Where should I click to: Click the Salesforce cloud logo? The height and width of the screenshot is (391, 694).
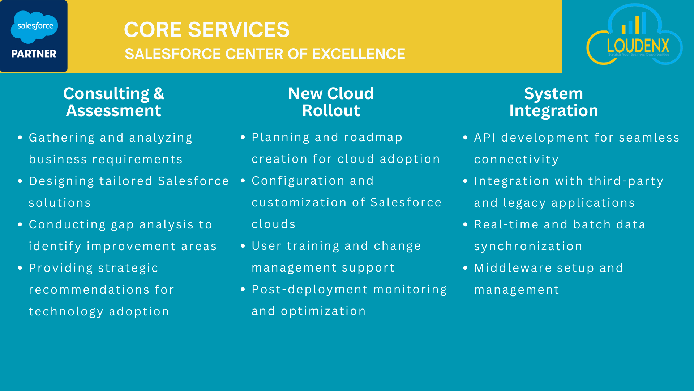(x=34, y=27)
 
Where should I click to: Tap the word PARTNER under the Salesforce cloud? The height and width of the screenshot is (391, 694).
(x=34, y=54)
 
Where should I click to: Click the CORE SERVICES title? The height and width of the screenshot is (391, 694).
(x=207, y=29)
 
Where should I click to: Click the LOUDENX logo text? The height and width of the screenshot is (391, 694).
(x=638, y=46)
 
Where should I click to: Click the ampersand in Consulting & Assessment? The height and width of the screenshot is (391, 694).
(x=159, y=93)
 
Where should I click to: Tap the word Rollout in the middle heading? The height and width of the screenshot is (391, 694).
(x=331, y=110)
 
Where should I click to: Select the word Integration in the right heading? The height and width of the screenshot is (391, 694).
(x=553, y=111)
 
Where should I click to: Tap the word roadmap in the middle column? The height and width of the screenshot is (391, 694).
(x=373, y=138)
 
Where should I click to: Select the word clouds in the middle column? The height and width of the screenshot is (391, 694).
(x=274, y=224)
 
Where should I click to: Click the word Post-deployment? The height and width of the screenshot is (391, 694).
(x=310, y=290)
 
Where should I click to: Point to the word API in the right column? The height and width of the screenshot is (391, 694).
(x=485, y=138)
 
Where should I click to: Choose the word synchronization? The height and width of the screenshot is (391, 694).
(x=528, y=247)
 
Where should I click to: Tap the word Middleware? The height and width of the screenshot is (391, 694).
(x=513, y=268)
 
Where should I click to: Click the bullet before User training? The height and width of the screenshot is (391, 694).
(x=243, y=246)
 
